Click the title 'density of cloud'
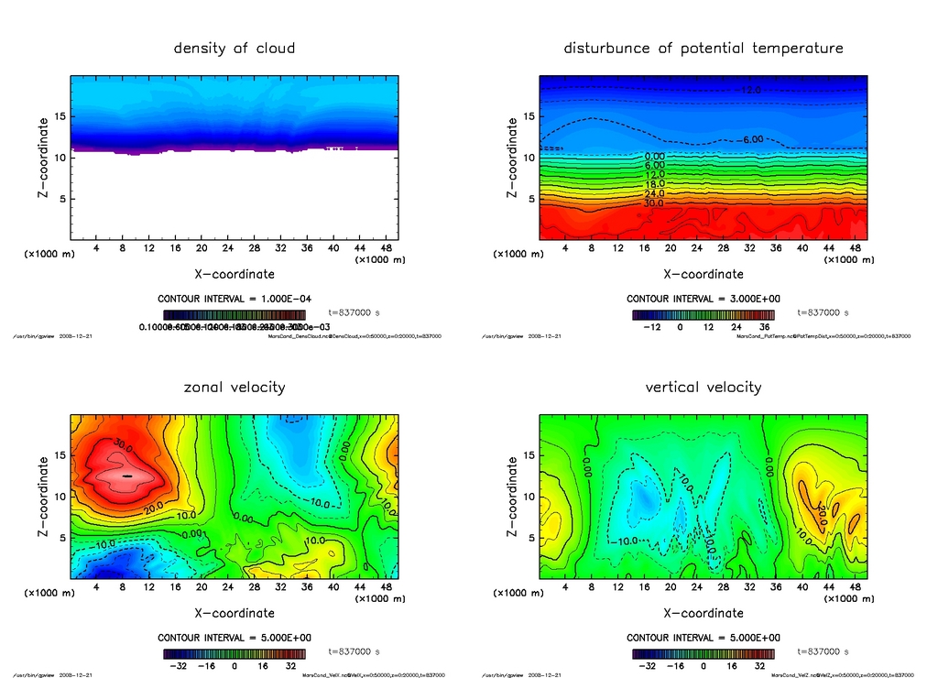click(x=234, y=48)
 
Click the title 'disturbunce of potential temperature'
click(x=703, y=48)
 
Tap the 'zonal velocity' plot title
click(x=234, y=387)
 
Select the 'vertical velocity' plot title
click(x=703, y=387)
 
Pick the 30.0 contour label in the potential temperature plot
click(x=655, y=202)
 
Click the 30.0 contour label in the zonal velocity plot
click(x=124, y=443)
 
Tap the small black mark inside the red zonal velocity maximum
click(x=127, y=476)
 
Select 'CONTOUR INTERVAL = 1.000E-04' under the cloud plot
click(x=234, y=299)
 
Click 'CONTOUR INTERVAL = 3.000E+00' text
click(x=703, y=299)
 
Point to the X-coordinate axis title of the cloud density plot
click(x=234, y=274)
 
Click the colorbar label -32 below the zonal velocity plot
click(x=181, y=666)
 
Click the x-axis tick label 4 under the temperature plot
click(x=565, y=249)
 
